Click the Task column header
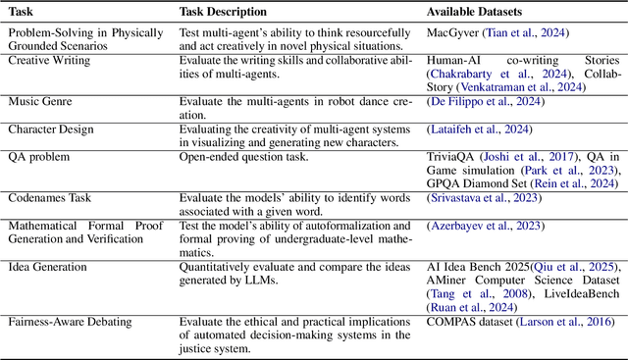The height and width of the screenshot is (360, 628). click(22, 12)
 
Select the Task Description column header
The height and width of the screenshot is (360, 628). click(223, 12)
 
